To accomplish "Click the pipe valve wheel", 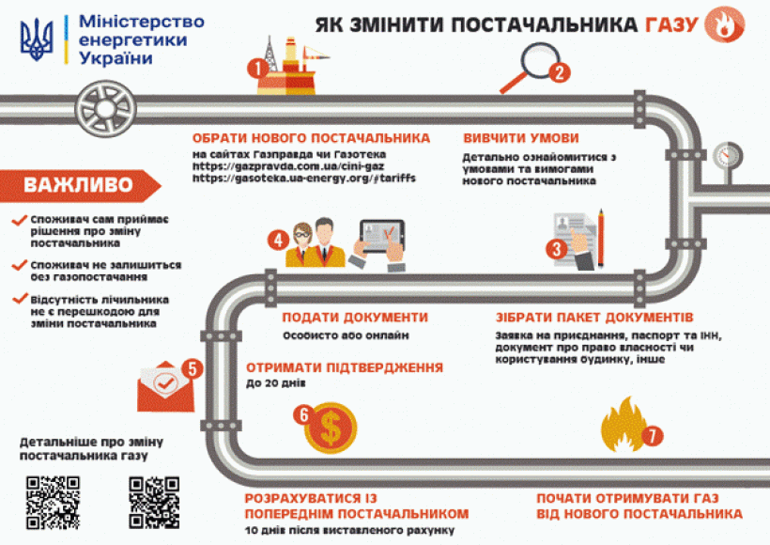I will [100, 99].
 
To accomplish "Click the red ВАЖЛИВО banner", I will [77, 184].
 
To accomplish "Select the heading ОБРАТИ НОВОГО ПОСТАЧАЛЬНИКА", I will [311, 137].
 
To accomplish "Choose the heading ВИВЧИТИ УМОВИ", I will [520, 137].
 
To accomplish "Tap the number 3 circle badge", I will [558, 249].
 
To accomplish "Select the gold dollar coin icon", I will [330, 427].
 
